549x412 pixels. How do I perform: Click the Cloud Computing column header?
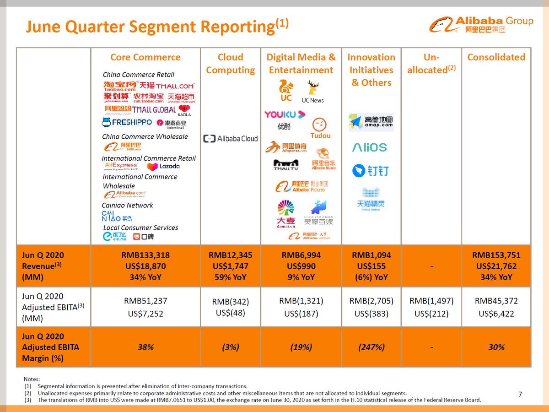[230, 64]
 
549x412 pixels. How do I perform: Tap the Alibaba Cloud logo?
[231, 138]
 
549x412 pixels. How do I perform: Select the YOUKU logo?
[284, 114]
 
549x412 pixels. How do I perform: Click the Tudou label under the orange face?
[320, 136]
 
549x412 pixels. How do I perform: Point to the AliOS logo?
[370, 147]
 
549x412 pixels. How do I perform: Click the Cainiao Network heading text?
[127, 205]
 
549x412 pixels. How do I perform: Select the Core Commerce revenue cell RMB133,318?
[145, 255]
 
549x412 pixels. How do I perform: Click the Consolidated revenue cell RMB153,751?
[496, 255]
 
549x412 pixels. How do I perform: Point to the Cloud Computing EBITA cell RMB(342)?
[230, 302]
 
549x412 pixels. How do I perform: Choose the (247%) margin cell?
[371, 347]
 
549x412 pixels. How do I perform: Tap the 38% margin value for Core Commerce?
[145, 347]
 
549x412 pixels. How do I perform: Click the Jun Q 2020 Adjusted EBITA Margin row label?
[50, 347]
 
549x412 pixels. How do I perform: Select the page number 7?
[520, 394]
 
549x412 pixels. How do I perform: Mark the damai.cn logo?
[286, 214]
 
